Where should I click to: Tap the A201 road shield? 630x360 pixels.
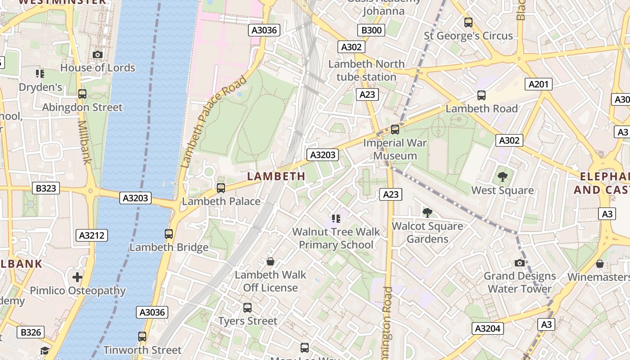point(538,84)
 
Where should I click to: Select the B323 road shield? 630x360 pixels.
point(46,188)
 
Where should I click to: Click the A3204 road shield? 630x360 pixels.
point(488,328)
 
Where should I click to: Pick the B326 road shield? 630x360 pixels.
point(31,333)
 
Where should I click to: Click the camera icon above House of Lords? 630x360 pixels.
point(98,54)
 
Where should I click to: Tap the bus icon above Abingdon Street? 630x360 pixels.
point(82,94)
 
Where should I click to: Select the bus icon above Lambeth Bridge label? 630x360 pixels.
point(169,234)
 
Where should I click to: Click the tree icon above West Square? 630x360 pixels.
point(503,177)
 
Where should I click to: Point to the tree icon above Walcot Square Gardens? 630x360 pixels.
point(427,213)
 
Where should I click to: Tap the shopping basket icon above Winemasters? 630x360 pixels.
point(599,264)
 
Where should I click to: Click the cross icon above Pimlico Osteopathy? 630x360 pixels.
point(77,277)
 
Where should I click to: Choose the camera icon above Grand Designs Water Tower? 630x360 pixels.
point(520,263)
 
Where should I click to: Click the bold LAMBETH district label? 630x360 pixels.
point(276,176)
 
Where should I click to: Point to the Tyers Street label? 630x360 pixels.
point(248,321)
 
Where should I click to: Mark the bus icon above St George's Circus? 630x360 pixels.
point(468,22)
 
